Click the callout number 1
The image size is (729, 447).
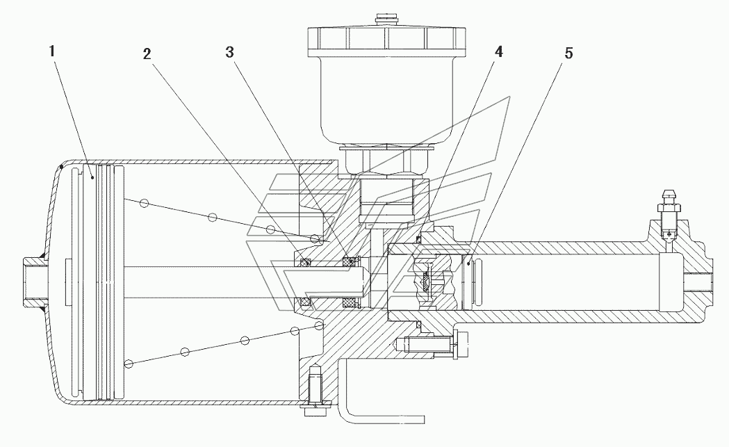click(x=53, y=51)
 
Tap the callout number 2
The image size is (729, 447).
click(x=147, y=54)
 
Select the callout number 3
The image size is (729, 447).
click(x=229, y=53)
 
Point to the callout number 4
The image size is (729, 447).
click(x=498, y=51)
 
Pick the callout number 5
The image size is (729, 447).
click(x=569, y=54)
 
